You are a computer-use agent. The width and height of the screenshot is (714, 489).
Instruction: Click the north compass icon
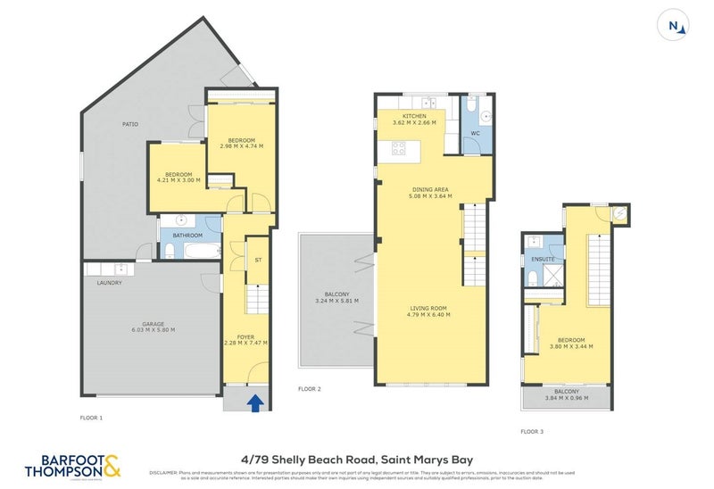pos(677,26)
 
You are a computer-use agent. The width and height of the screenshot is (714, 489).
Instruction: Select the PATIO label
pos(129,124)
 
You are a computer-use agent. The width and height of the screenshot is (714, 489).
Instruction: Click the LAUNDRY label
pos(109,282)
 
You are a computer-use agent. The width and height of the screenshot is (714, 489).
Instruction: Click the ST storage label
pos(257,261)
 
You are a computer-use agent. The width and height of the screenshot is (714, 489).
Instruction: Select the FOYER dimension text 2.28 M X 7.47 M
pos(245,343)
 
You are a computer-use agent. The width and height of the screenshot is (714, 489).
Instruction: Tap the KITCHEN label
pos(414,116)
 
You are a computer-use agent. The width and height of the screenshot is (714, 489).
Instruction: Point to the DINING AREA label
pos(429,189)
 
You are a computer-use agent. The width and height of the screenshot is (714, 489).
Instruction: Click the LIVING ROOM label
pos(429,308)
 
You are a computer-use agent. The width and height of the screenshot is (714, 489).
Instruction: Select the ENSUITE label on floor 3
pos(543,259)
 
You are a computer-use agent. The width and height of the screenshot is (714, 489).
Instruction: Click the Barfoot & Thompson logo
pos(73,465)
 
